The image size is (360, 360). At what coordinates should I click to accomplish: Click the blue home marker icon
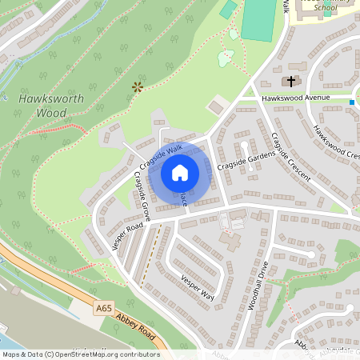coord(180,172)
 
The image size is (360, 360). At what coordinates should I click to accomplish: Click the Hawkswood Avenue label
coord(296,98)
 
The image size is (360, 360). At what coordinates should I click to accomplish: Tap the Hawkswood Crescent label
coord(335,142)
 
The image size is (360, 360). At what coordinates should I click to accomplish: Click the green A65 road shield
coord(103,307)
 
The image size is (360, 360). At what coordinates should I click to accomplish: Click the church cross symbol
coord(290,81)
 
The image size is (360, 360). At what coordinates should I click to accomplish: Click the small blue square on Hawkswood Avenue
coord(352,102)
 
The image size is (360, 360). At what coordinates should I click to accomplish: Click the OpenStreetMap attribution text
coord(80,354)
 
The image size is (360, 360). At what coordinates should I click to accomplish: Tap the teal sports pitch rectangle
coord(258,21)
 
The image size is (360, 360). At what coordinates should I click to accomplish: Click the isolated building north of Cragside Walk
coord(215,106)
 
